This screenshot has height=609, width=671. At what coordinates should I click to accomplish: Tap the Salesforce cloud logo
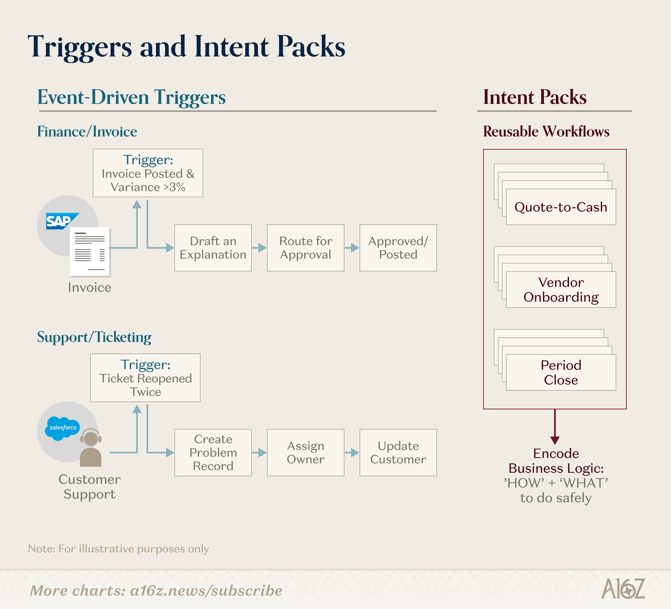[63, 428]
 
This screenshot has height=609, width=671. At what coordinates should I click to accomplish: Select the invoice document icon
[90, 252]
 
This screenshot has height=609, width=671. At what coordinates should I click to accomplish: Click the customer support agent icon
[91, 448]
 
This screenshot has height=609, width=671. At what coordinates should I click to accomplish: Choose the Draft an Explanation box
[213, 248]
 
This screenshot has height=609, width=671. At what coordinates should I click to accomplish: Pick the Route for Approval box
[306, 248]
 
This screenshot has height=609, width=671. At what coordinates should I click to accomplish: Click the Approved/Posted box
[398, 248]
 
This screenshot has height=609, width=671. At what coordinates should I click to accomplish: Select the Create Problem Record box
[213, 453]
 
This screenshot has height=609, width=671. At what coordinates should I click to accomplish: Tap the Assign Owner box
[306, 453]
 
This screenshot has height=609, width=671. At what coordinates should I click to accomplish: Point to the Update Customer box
[398, 453]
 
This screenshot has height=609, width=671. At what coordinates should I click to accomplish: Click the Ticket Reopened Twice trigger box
[145, 378]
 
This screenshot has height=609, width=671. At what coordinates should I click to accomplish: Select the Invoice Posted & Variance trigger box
[148, 173]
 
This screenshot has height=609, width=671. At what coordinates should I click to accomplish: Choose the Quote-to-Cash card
[561, 207]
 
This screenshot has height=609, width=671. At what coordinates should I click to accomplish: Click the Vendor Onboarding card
[561, 290]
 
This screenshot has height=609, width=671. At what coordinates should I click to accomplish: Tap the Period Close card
[561, 372]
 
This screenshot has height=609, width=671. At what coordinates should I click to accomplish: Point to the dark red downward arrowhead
[555, 440]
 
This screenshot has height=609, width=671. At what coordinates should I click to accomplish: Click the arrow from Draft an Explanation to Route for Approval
[259, 248]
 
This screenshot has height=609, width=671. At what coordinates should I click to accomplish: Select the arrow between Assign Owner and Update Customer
[352, 453]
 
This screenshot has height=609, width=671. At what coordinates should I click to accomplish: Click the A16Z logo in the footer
[623, 589]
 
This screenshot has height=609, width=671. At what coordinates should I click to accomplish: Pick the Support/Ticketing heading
[94, 337]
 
